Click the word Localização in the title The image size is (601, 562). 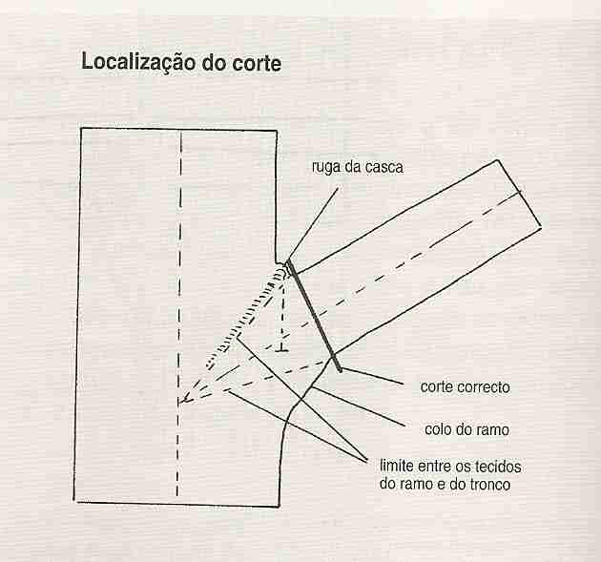[139, 62]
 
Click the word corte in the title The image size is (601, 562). [257, 63]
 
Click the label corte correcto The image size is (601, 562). [465, 386]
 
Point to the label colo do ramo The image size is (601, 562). [466, 429]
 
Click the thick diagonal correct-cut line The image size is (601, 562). [314, 316]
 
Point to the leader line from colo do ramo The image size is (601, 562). [357, 406]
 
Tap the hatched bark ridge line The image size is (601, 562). [247, 316]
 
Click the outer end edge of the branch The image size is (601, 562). [519, 193]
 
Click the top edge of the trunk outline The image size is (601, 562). [178, 130]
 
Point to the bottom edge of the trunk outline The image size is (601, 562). [176, 504]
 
